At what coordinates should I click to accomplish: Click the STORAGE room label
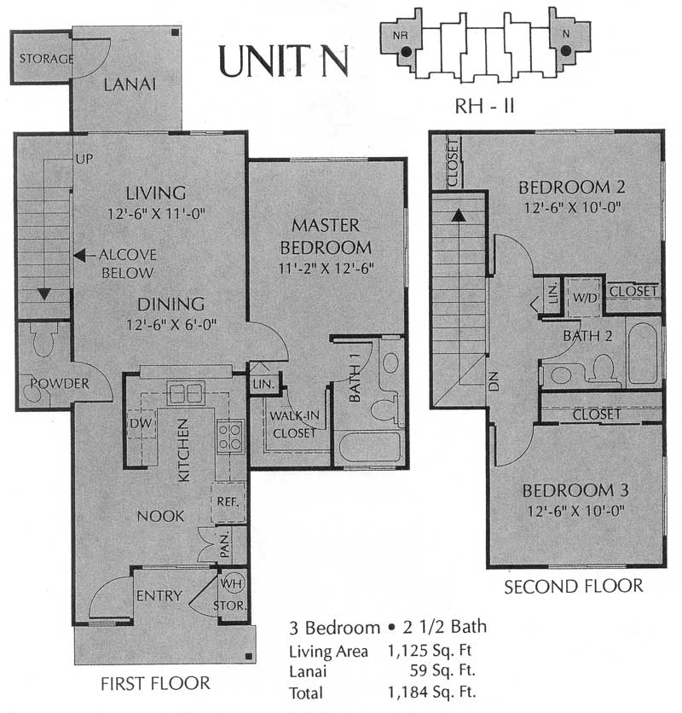(x=46, y=59)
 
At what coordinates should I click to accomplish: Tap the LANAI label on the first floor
(x=130, y=84)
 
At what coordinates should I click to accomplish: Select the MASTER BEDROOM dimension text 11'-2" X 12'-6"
(x=326, y=269)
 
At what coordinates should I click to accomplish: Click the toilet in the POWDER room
(x=43, y=339)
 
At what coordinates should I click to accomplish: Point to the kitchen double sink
(x=186, y=393)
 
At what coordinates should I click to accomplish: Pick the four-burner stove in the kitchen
(x=229, y=437)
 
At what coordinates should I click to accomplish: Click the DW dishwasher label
(x=141, y=423)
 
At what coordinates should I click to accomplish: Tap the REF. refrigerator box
(x=228, y=502)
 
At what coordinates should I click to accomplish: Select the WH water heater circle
(x=233, y=583)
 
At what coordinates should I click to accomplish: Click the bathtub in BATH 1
(x=370, y=448)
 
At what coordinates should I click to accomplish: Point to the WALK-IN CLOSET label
(x=295, y=424)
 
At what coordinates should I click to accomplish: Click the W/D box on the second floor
(x=584, y=298)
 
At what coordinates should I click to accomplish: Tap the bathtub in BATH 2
(x=642, y=353)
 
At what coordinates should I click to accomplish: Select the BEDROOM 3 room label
(x=575, y=490)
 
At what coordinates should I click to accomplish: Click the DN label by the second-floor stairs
(x=494, y=381)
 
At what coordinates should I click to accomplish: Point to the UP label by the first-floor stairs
(x=84, y=159)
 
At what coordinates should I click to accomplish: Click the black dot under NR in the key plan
(x=407, y=52)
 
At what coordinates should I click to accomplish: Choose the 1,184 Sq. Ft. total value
(x=432, y=692)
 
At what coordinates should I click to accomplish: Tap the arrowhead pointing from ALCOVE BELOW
(x=79, y=256)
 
